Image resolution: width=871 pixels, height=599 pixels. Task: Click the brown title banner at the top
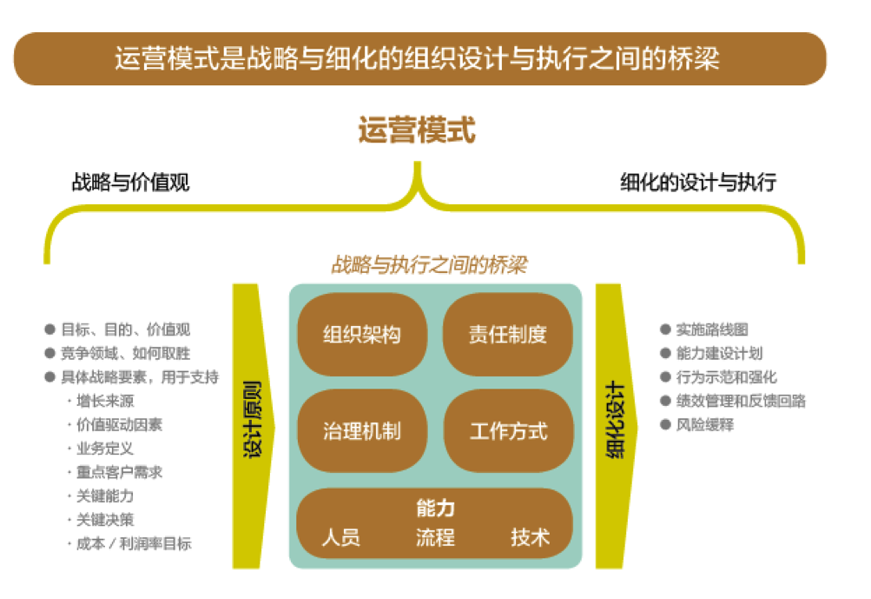pyautogui.click(x=420, y=58)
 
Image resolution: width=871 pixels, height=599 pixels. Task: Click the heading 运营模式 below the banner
pyautogui.click(x=417, y=130)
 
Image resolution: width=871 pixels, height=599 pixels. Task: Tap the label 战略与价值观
pyautogui.click(x=130, y=182)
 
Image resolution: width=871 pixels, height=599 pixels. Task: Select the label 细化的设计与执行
pyautogui.click(x=698, y=182)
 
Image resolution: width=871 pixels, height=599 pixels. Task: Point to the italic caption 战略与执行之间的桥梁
pyautogui.click(x=429, y=265)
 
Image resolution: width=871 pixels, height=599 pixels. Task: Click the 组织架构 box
pyautogui.click(x=362, y=334)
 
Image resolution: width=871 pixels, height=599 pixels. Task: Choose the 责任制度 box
pyautogui.click(x=508, y=334)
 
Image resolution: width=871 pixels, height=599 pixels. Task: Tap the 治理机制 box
pyautogui.click(x=362, y=431)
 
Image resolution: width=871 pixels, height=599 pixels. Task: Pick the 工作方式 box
pyautogui.click(x=508, y=431)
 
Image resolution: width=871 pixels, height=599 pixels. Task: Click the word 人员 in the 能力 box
pyautogui.click(x=341, y=537)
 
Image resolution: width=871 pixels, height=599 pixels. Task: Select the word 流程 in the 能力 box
pyautogui.click(x=436, y=537)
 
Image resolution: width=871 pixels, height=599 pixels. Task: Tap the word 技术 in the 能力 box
pyautogui.click(x=530, y=537)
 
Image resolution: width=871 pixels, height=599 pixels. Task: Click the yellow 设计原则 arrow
pyautogui.click(x=252, y=427)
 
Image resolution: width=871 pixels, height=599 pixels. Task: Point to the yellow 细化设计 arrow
pyautogui.click(x=616, y=427)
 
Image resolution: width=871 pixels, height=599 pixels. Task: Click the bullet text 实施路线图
pyautogui.click(x=712, y=329)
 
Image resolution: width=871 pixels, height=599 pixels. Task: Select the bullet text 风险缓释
pyautogui.click(x=705, y=425)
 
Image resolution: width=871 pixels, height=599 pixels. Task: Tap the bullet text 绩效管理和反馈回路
pyautogui.click(x=741, y=401)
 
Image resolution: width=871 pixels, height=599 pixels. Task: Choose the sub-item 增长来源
pyautogui.click(x=105, y=401)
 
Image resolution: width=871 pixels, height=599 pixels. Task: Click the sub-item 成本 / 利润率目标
pyautogui.click(x=134, y=543)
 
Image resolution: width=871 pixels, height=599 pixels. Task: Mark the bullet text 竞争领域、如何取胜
pyautogui.click(x=126, y=353)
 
